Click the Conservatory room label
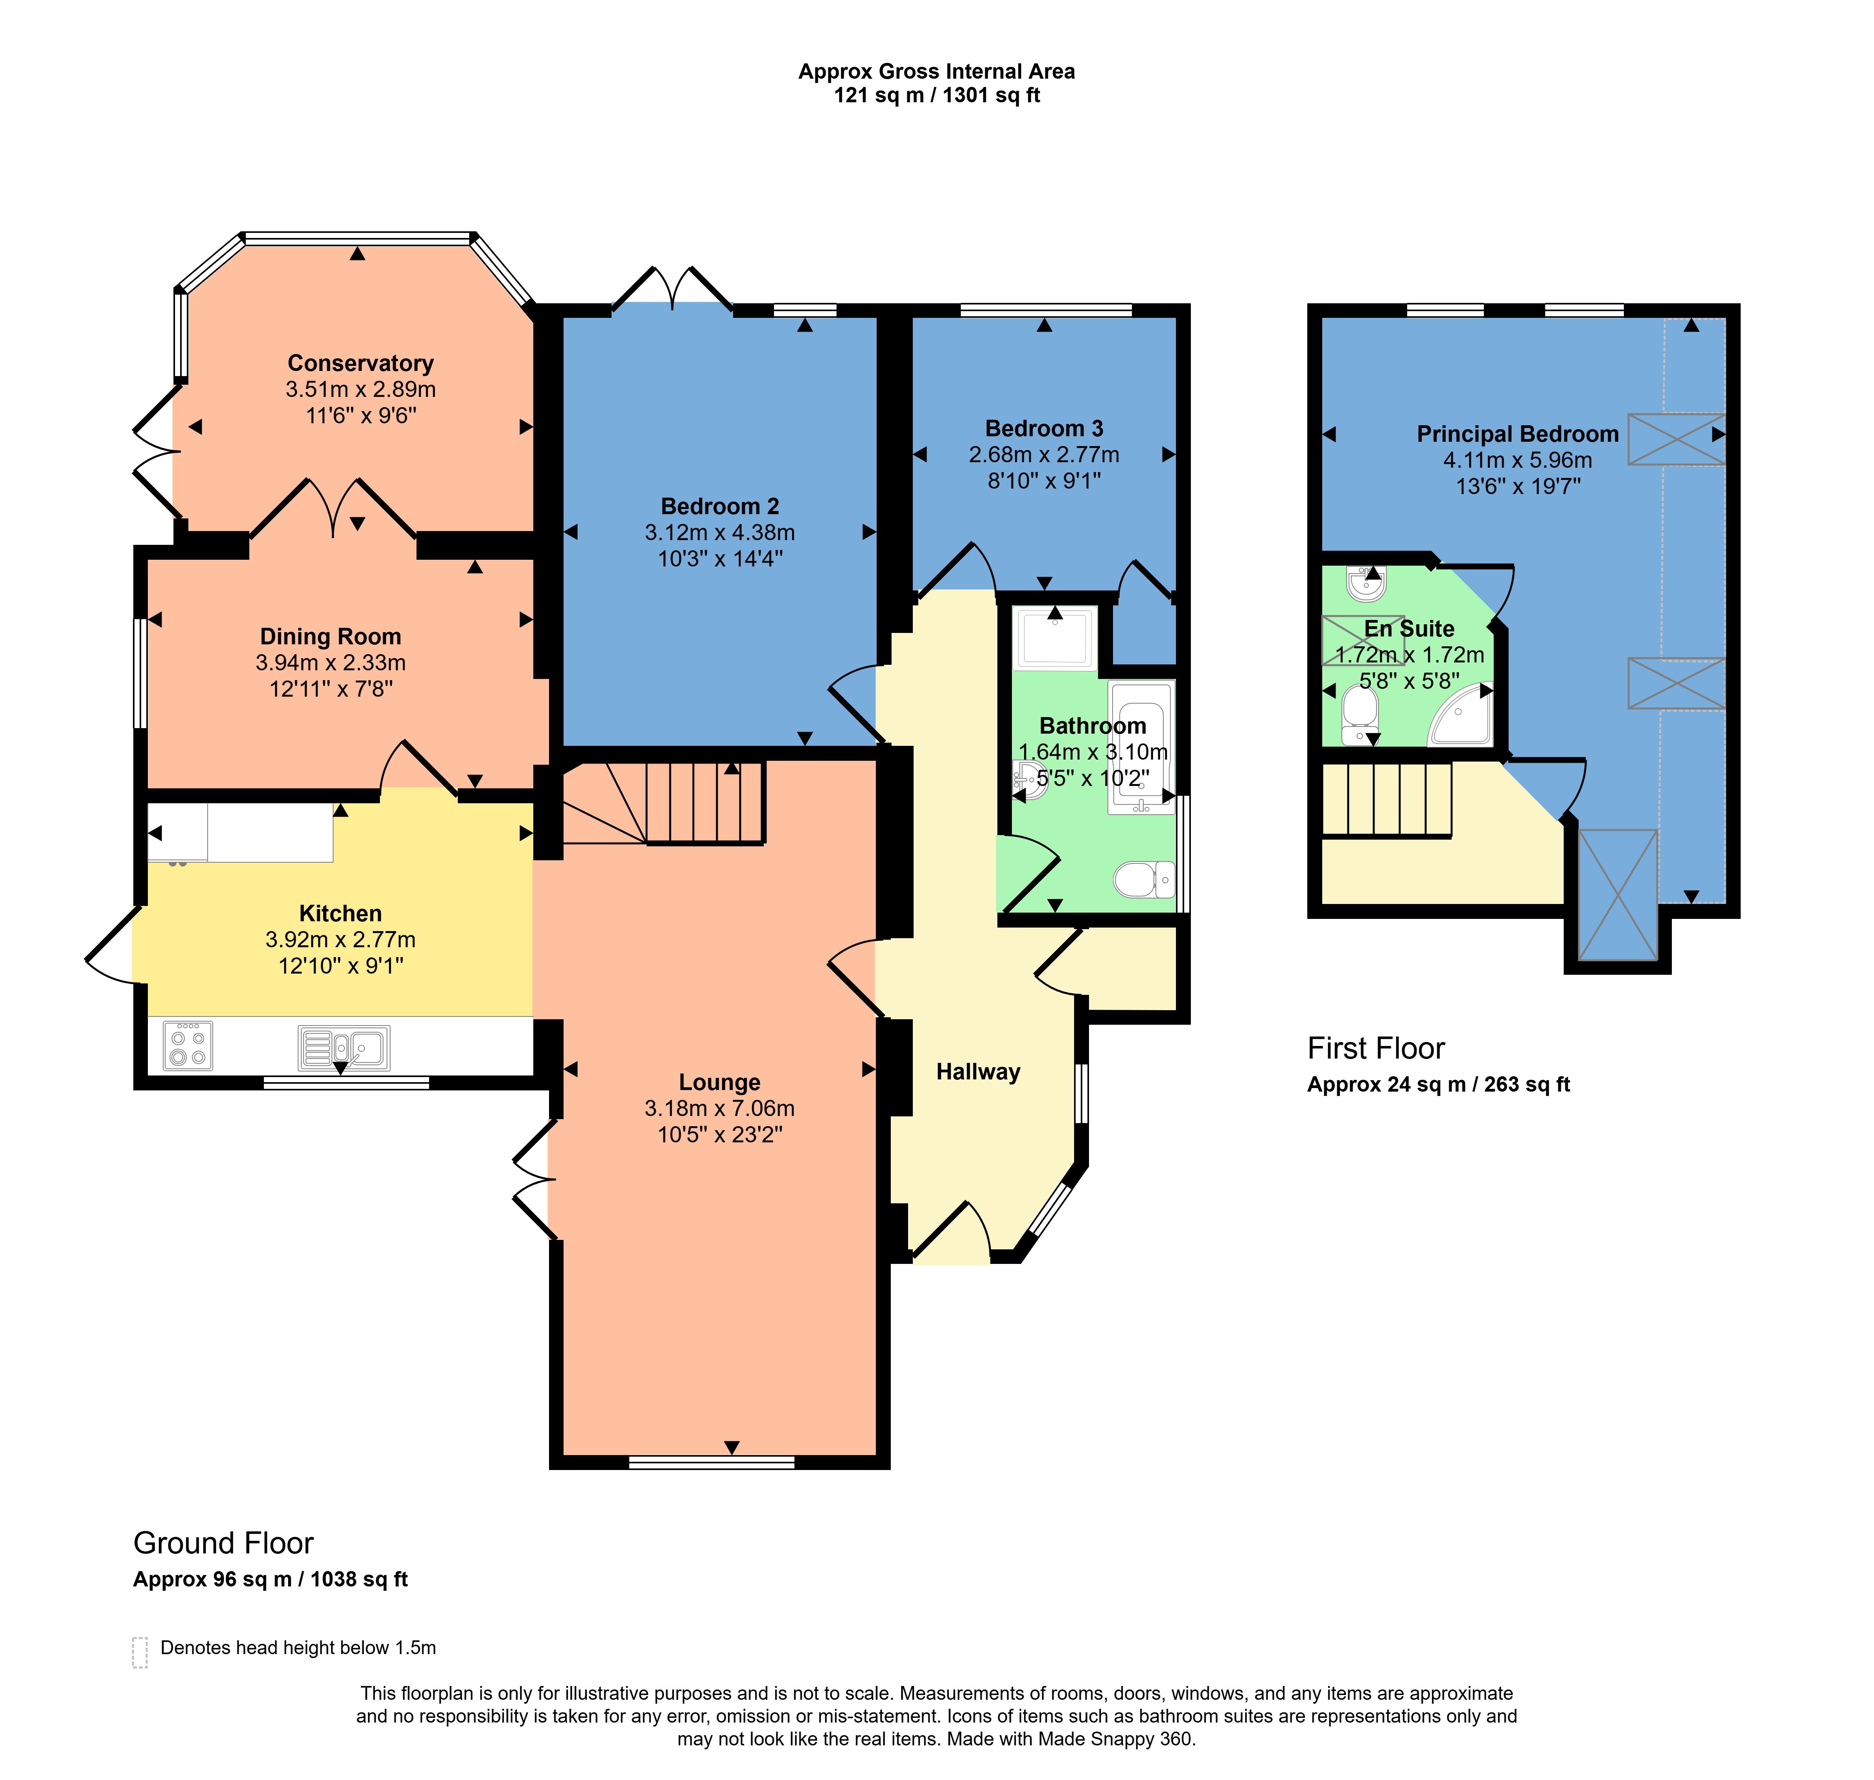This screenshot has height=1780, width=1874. (360, 363)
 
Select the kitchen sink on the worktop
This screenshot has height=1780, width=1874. (343, 1048)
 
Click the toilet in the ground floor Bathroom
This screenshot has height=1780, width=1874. (1144, 880)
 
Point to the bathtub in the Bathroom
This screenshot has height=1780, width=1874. (1141, 747)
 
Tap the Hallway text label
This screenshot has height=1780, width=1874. (978, 1072)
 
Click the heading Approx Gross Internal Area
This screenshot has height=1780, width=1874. (936, 71)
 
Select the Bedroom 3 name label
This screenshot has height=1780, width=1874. (1044, 429)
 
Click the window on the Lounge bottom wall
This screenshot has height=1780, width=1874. (712, 1462)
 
